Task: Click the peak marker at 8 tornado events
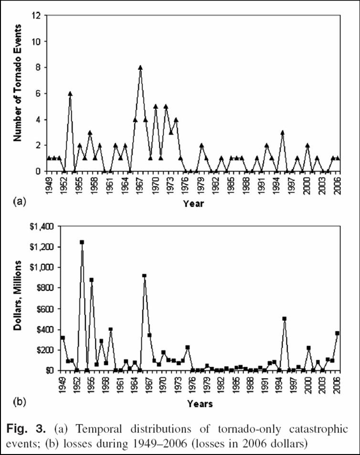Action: click(140, 67)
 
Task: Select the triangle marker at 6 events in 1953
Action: click(70, 94)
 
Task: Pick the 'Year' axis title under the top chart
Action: click(193, 204)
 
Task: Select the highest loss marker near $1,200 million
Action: click(82, 242)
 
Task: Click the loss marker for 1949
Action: click(63, 338)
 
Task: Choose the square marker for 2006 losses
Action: click(337, 333)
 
